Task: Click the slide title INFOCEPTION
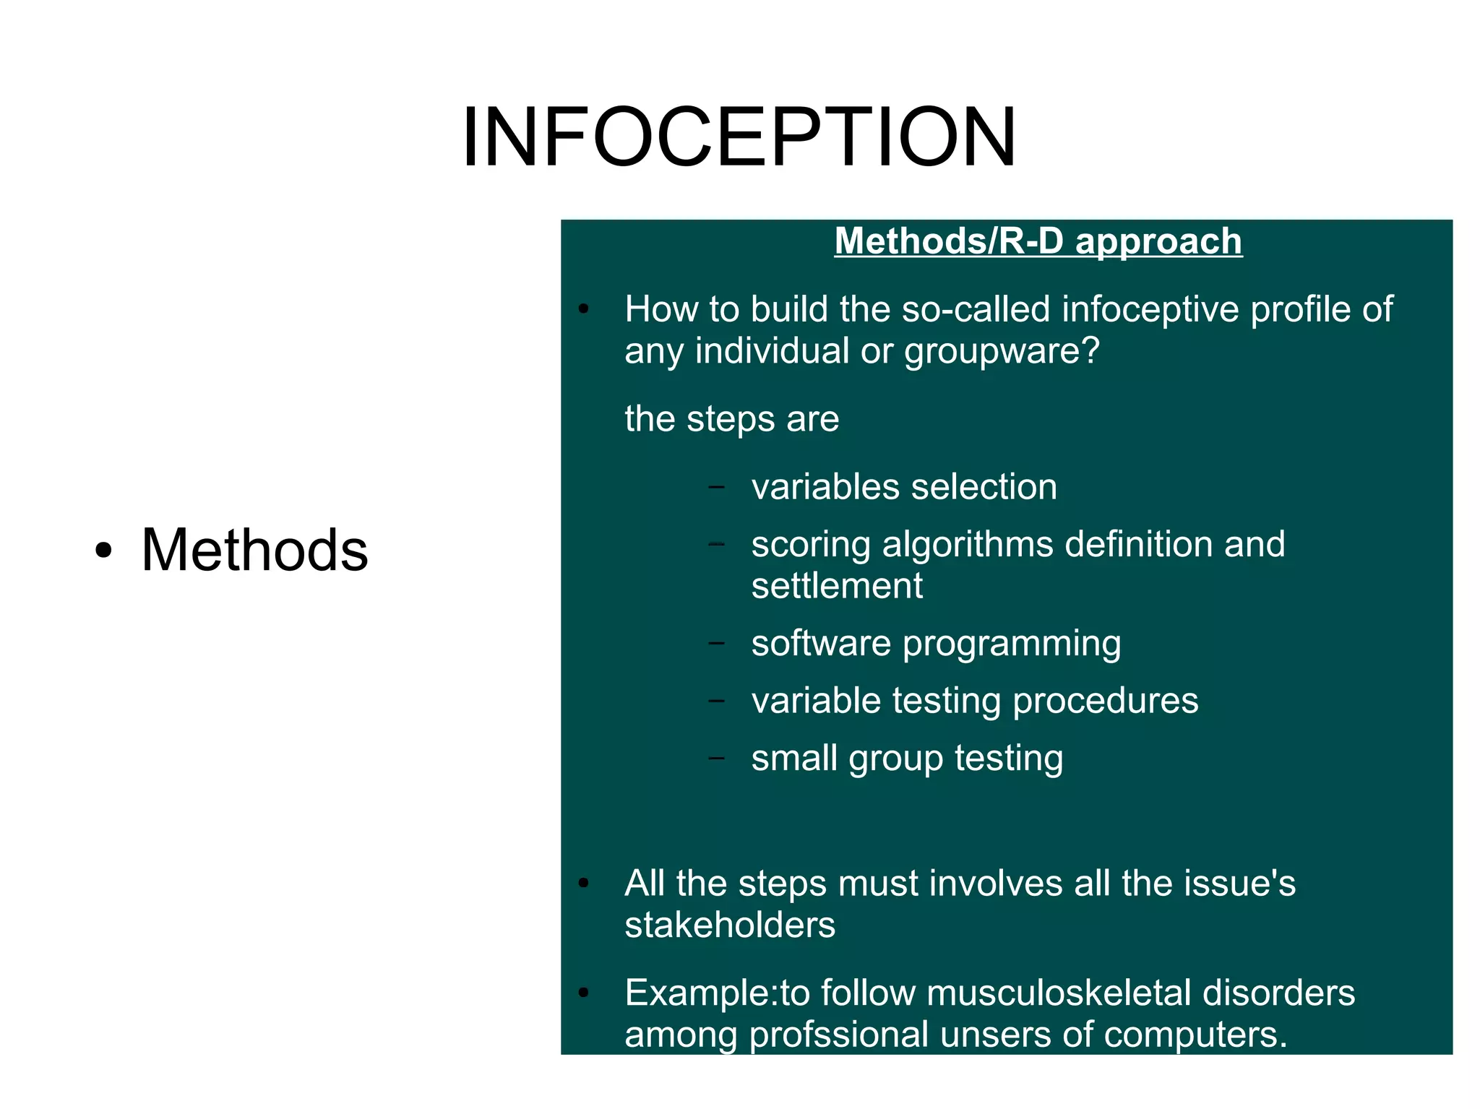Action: tap(739, 137)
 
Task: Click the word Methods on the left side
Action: tap(254, 550)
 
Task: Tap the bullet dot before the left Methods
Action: tap(104, 551)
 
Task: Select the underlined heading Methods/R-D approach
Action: tap(1038, 241)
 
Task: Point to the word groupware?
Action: tap(1002, 352)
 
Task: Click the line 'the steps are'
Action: tap(731, 419)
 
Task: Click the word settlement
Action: tap(837, 586)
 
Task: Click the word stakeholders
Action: tap(730, 925)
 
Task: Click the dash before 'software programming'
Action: tap(716, 643)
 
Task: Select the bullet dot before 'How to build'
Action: tap(584, 310)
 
